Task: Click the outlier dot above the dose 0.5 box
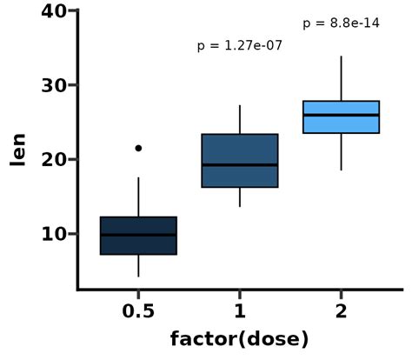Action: tap(138, 149)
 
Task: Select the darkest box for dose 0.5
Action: tap(138, 244)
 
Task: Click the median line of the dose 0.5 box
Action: tap(138, 235)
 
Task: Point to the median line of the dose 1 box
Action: tap(240, 164)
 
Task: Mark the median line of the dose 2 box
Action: tap(341, 115)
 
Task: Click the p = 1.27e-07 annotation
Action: tap(240, 45)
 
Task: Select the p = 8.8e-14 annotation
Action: tap(341, 23)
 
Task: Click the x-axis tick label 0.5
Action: tap(138, 311)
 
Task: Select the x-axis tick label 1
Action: tap(240, 311)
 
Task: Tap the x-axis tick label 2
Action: tap(341, 311)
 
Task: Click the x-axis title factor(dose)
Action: tap(240, 339)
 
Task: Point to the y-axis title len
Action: tap(17, 150)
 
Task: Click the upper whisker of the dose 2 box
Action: tap(341, 78)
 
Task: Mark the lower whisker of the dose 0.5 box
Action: tap(138, 266)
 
